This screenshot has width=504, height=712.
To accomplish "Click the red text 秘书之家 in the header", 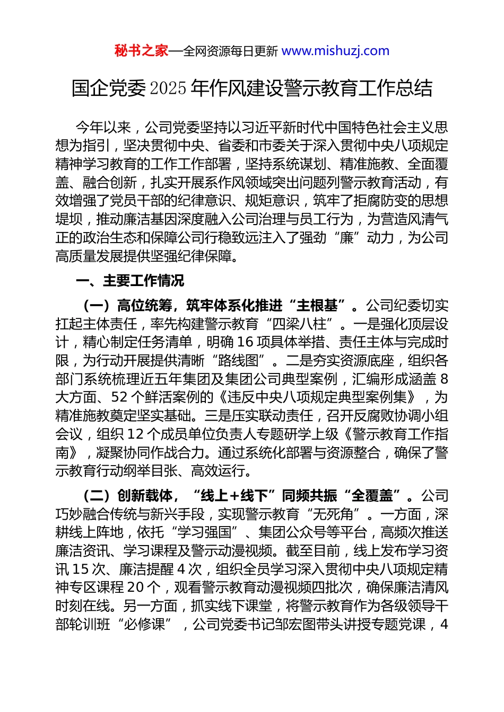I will coord(141,51).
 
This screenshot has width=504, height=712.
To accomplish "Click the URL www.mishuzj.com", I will coord(335,51).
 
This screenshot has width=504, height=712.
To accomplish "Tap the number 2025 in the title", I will coord(168,88).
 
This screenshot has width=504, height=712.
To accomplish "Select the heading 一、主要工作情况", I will coord(130,281).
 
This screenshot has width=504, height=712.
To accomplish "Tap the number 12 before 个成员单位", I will coord(136,434).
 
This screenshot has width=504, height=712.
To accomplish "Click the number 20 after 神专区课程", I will coord(136,588).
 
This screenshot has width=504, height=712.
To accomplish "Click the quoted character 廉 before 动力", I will coord(347,238).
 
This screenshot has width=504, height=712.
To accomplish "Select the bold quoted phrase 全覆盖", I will coord(372,496).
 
